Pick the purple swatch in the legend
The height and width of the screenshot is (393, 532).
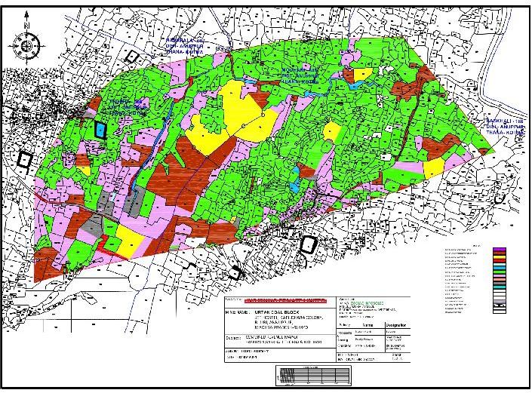(x=500, y=249)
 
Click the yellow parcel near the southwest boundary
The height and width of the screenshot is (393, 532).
(x=129, y=241)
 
